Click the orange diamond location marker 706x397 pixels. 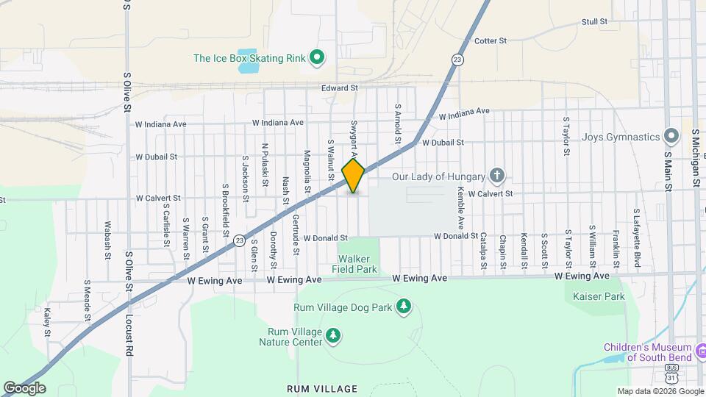(353, 176)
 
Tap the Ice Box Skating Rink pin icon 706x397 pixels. (317, 57)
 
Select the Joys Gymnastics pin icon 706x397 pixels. (670, 137)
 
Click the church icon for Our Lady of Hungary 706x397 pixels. (497, 176)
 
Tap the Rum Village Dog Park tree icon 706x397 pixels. (403, 306)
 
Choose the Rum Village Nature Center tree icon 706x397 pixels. (333, 336)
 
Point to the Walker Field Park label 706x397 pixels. (357, 264)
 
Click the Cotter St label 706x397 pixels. (491, 41)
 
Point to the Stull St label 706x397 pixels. (593, 22)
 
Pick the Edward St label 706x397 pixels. (339, 88)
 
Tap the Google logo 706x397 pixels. (25, 387)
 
